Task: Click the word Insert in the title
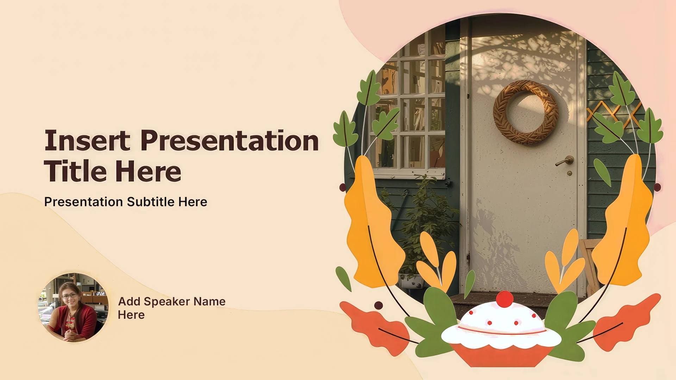click(x=87, y=140)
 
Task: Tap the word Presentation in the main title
click(x=230, y=140)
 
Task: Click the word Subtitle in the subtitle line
click(x=151, y=202)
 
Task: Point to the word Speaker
click(x=167, y=302)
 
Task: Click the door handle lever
click(x=564, y=161)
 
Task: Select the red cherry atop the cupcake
click(x=505, y=299)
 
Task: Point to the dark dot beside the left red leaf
click(x=378, y=305)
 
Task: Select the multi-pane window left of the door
click(x=408, y=106)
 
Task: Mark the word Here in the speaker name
click(x=131, y=315)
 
